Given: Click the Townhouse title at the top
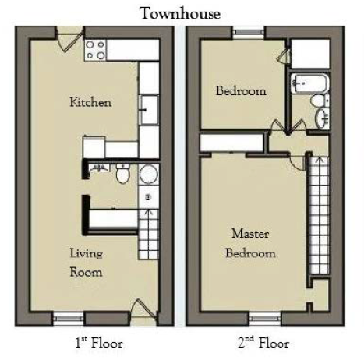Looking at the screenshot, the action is (180, 13).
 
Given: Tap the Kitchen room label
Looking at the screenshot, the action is (90, 102).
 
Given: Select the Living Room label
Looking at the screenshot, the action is (86, 263).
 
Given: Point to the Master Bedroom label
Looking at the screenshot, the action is (250, 243).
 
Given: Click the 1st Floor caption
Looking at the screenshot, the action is (99, 344).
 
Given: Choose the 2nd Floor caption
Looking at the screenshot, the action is (263, 344).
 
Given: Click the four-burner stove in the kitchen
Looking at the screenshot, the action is (95, 50).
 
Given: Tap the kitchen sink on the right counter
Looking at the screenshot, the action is (149, 110).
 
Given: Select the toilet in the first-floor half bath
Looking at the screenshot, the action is (122, 173).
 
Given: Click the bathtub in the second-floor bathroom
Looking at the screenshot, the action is (310, 83).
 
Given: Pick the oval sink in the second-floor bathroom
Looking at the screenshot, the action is (322, 118).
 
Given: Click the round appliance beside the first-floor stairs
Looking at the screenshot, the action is (149, 175).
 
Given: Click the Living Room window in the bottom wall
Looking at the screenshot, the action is (69, 319).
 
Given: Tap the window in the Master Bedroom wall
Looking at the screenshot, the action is (266, 319).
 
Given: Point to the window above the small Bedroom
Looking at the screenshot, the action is (249, 33).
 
